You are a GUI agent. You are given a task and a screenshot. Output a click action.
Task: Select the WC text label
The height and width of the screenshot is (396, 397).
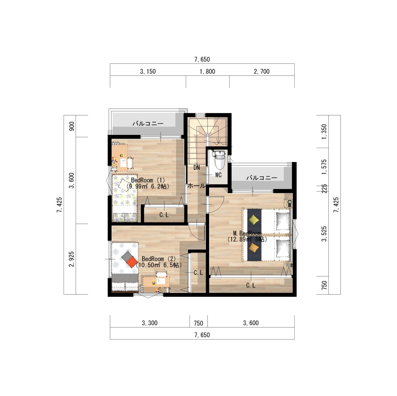[x=218, y=175]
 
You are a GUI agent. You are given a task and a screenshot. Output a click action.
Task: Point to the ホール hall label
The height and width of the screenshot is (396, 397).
[x=197, y=186]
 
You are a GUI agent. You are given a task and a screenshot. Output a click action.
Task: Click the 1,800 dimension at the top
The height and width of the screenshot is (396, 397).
[x=207, y=71]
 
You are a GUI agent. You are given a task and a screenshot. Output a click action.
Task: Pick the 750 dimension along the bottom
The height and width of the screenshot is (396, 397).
[x=198, y=323]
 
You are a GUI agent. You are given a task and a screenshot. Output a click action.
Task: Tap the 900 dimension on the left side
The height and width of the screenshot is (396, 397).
[x=72, y=126]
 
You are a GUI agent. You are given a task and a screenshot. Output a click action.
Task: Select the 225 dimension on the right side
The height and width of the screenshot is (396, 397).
[x=324, y=188]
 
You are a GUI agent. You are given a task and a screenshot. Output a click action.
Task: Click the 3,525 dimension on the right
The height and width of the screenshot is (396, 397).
[x=324, y=234]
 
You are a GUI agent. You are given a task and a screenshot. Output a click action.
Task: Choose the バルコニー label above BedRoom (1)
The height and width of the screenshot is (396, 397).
[x=148, y=124]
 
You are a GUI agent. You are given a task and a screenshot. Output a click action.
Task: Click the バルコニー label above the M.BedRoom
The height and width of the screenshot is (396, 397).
[x=262, y=178]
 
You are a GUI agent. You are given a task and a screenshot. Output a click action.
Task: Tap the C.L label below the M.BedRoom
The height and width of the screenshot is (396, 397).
[x=251, y=285]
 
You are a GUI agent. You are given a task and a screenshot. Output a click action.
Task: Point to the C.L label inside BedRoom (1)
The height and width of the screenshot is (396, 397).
[x=164, y=215]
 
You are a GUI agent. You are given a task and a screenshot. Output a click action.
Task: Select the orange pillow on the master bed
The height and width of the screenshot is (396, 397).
[x=254, y=247]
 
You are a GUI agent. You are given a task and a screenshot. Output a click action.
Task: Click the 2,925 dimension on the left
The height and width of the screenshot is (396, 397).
[x=72, y=259]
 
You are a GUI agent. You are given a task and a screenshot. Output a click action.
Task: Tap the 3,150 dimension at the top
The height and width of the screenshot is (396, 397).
[x=148, y=71]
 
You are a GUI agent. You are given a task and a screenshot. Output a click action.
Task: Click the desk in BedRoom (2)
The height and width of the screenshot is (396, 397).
[x=156, y=284]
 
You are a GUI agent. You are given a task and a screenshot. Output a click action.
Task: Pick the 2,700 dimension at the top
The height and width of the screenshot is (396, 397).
[x=262, y=71]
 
